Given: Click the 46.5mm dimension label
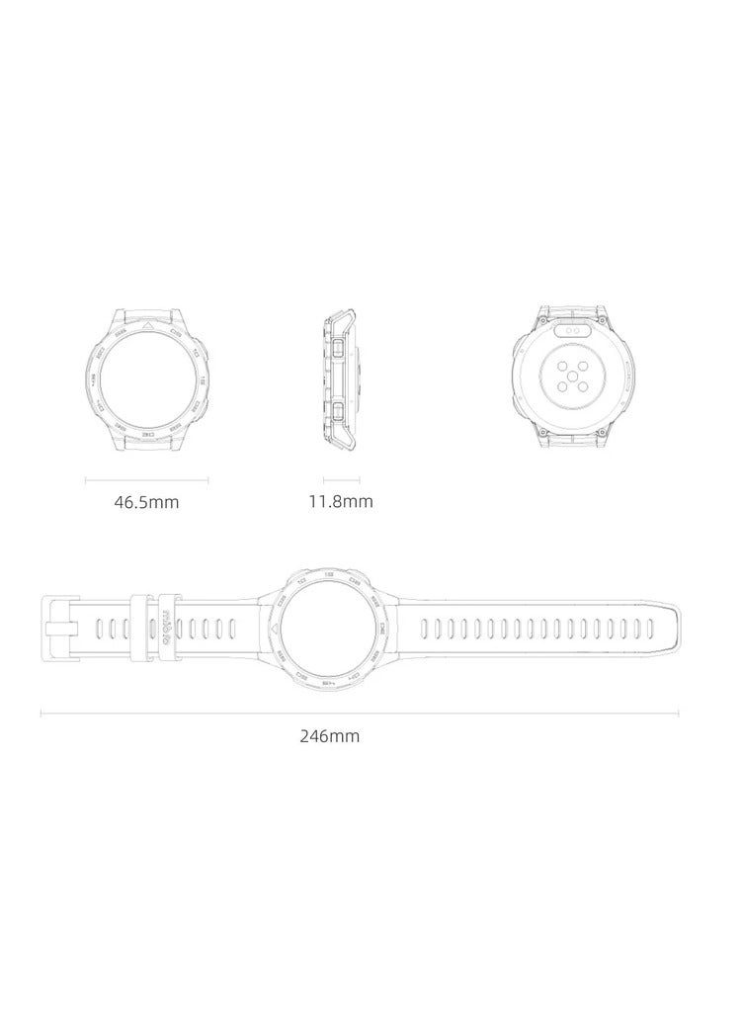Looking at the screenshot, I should [x=146, y=502].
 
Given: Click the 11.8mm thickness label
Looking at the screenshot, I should [x=341, y=501].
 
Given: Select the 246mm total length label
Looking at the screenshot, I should [x=330, y=735].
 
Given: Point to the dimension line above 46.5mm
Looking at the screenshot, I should [x=146, y=481].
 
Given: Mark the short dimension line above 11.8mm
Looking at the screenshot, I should [x=340, y=481].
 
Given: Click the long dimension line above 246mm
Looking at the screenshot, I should [x=360, y=713].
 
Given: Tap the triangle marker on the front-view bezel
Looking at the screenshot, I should [x=147, y=326].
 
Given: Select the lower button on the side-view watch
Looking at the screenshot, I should [x=339, y=409].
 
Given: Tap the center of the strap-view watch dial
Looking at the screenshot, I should [x=330, y=629].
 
